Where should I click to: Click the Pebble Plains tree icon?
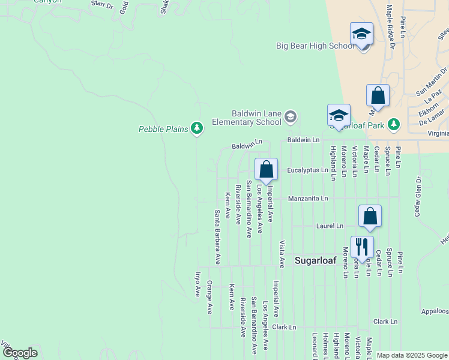[197, 128]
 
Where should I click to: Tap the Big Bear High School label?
[316, 46]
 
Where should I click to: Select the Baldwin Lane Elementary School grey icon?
[291, 116]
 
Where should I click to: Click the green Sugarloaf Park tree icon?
[394, 124]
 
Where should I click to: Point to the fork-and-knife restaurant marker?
[362, 247]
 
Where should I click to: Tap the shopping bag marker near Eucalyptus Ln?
[266, 169]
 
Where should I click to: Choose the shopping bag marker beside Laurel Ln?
[370, 216]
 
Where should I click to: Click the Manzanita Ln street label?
[308, 198]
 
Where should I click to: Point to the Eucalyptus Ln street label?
[308, 170]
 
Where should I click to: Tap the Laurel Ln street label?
[330, 226]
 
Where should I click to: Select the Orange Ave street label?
[209, 296]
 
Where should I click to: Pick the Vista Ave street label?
[282, 254]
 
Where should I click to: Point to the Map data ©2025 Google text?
[412, 355]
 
